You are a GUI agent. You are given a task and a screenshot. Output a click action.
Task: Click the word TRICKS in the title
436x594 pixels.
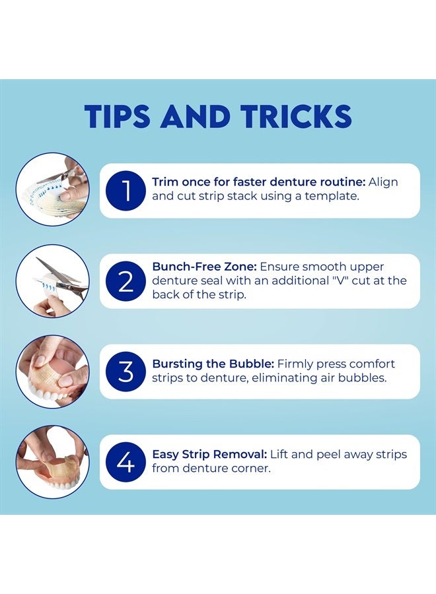point(296,115)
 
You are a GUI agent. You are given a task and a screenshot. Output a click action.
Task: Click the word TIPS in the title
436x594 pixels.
point(117,115)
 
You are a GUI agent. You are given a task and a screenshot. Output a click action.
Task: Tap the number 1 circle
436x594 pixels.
point(126,191)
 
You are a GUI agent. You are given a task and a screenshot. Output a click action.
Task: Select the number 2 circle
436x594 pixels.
point(126,281)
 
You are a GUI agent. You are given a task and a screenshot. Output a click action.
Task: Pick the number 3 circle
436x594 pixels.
point(126,371)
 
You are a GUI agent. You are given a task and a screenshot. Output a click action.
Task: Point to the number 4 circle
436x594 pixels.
point(126,462)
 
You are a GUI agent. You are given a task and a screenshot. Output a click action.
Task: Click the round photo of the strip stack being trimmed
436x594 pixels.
point(53,189)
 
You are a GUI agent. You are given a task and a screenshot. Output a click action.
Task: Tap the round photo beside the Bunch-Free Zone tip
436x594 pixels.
point(53,280)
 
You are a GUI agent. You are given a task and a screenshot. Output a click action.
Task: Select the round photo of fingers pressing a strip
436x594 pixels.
point(53,371)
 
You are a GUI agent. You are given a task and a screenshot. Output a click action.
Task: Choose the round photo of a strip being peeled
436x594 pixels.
point(53,462)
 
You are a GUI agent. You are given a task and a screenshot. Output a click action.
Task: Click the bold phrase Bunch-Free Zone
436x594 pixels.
point(204,267)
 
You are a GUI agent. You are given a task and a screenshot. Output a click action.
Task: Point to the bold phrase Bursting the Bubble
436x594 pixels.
point(213,364)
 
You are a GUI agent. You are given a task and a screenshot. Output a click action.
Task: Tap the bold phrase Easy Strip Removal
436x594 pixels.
point(209,454)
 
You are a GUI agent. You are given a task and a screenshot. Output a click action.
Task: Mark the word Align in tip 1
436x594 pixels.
point(383,183)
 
